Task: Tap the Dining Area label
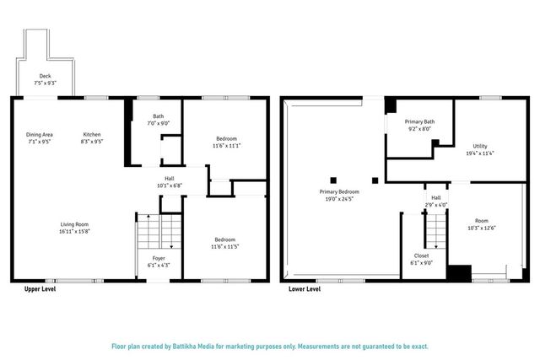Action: coord(40,134)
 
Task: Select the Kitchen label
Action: coord(92,134)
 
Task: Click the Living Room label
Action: coord(74,224)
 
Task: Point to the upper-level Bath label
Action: coord(159,116)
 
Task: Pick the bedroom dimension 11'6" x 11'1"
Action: coord(226,147)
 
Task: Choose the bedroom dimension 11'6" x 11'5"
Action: coord(226,247)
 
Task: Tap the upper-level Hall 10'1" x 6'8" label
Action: coord(170,178)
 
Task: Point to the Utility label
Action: coord(479,146)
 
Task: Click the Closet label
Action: coord(422,255)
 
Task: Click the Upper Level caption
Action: coord(40,288)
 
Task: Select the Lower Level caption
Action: coord(305,288)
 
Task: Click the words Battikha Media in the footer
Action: coord(195,346)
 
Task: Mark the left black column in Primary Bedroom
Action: coord(334,179)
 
